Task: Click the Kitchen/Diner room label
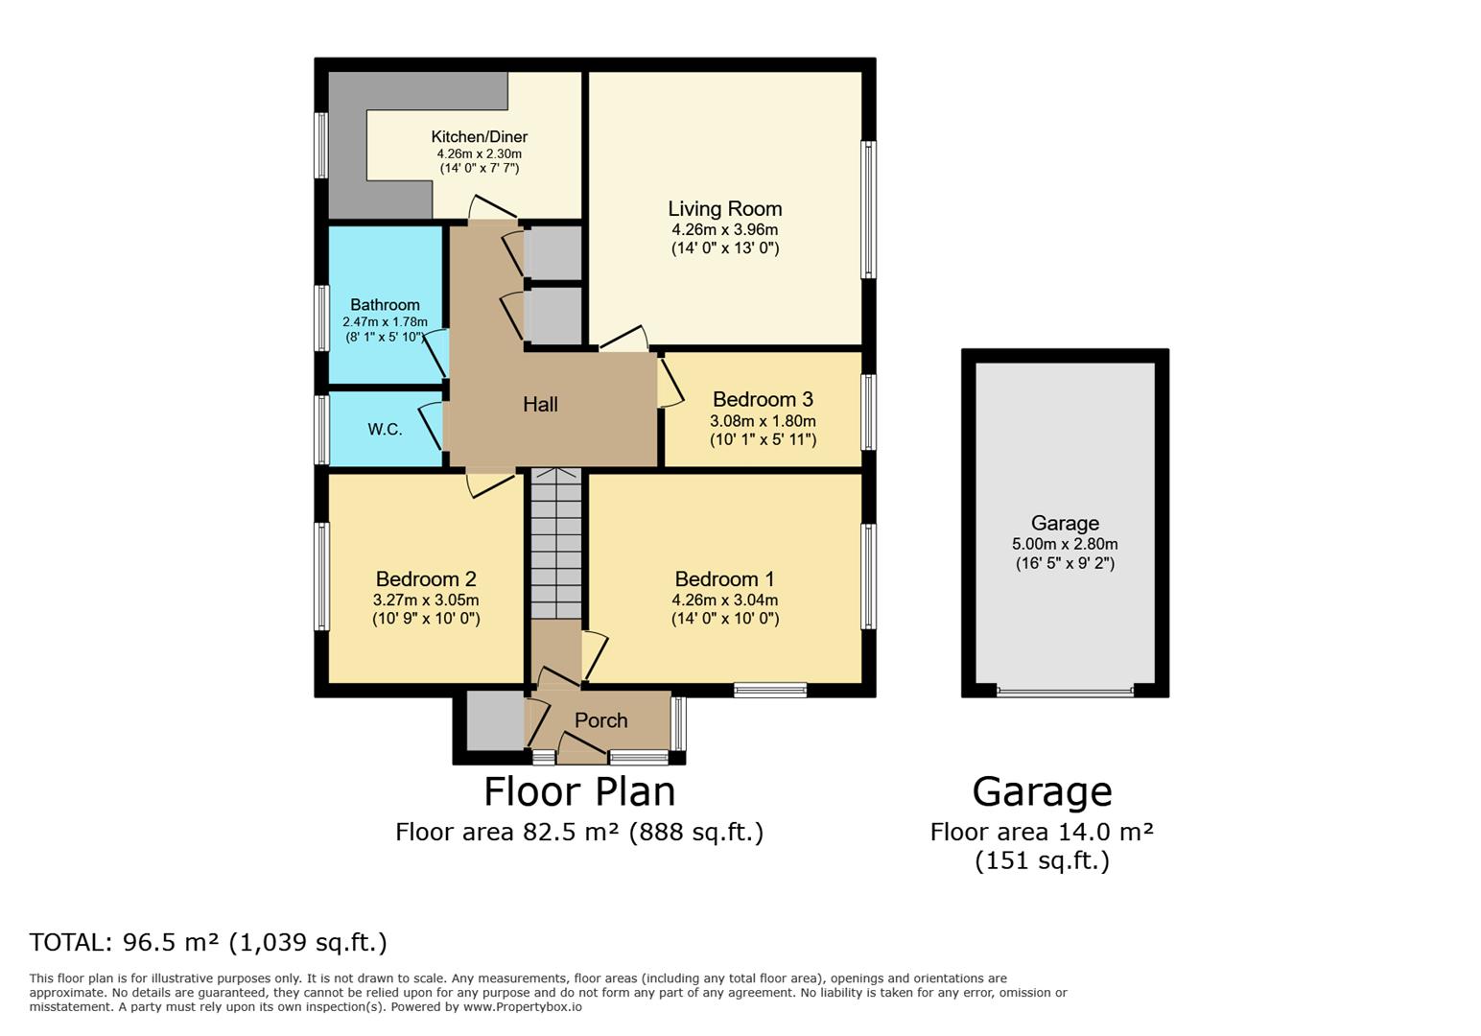click(x=479, y=137)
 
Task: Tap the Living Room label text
click(x=724, y=209)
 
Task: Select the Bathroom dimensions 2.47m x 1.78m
click(x=385, y=322)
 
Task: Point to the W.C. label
click(x=385, y=430)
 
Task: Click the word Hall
click(x=540, y=405)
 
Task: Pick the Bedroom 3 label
click(x=763, y=399)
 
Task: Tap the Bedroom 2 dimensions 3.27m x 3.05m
click(x=426, y=600)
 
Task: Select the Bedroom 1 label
click(x=724, y=579)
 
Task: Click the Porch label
click(x=600, y=720)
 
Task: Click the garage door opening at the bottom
click(x=1065, y=691)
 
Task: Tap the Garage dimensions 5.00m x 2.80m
click(x=1065, y=544)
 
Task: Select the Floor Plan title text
click(x=579, y=792)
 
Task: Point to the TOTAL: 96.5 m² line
click(x=208, y=942)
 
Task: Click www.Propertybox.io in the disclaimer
click(x=522, y=1007)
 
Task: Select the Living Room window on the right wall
click(x=868, y=210)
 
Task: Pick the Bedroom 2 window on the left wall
click(x=322, y=576)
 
